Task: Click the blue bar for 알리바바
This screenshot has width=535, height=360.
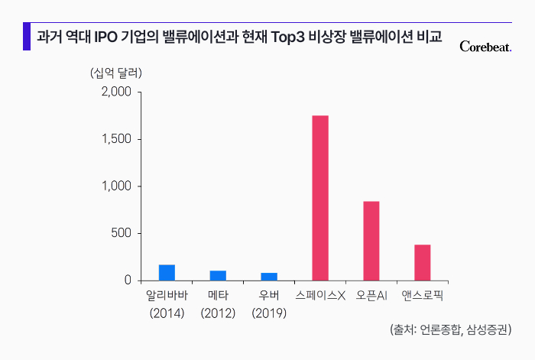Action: [167, 273]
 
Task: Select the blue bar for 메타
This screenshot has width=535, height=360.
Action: [218, 276]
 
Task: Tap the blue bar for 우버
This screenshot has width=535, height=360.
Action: [269, 277]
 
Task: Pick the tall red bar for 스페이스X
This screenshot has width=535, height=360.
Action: [320, 198]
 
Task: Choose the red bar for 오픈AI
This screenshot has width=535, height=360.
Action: [371, 241]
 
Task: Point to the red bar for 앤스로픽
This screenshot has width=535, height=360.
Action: [423, 262]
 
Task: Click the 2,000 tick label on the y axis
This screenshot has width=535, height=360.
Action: [116, 92]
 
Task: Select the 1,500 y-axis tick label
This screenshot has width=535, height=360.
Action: [117, 139]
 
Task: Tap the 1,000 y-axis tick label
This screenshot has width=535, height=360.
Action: [117, 186]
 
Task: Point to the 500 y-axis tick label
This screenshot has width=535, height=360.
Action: [122, 233]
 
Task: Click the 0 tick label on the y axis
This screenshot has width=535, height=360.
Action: [128, 281]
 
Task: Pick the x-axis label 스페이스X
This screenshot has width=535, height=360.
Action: [320, 295]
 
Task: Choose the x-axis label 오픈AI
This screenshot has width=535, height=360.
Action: [371, 295]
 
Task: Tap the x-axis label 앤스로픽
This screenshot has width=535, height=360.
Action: [423, 295]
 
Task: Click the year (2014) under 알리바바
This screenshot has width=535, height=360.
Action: [167, 313]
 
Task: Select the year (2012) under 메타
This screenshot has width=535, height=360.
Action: [218, 313]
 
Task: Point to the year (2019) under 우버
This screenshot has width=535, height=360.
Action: [269, 313]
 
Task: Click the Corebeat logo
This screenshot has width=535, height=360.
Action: [485, 47]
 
